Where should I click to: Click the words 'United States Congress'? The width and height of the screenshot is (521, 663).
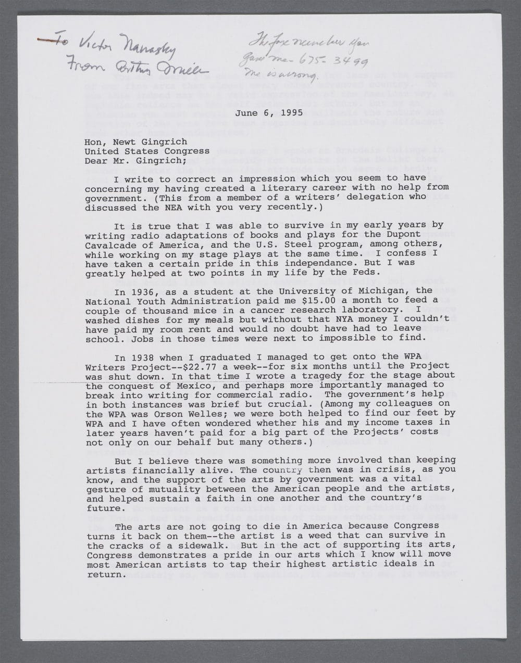(x=147, y=151)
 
